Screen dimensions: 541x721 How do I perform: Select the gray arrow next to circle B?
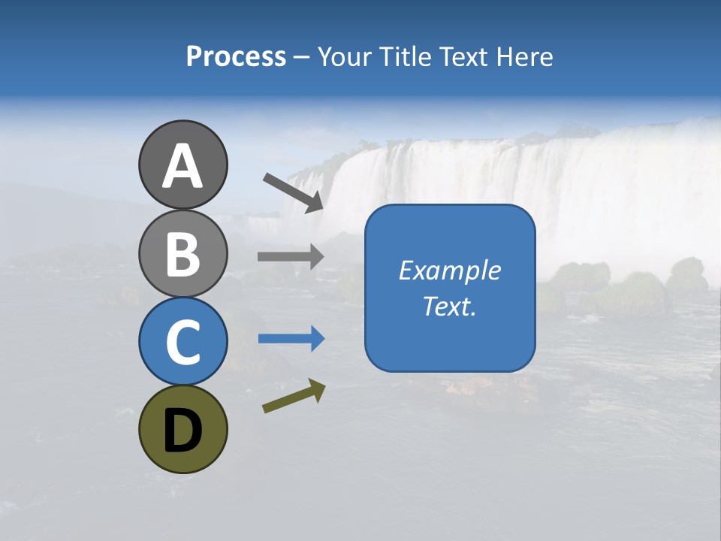(291, 257)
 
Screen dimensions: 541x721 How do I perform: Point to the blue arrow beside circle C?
(291, 339)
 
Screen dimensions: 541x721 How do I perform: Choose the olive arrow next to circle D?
(294, 396)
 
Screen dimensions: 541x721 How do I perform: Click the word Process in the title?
(236, 57)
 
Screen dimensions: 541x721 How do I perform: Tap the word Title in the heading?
(402, 57)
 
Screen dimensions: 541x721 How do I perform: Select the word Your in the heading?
(345, 57)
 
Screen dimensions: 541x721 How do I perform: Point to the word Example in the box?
(449, 270)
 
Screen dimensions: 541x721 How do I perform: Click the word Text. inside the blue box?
(449, 307)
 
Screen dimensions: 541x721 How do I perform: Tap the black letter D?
(183, 431)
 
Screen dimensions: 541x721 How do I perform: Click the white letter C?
(183, 343)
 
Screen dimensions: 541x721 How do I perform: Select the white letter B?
(183, 254)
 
